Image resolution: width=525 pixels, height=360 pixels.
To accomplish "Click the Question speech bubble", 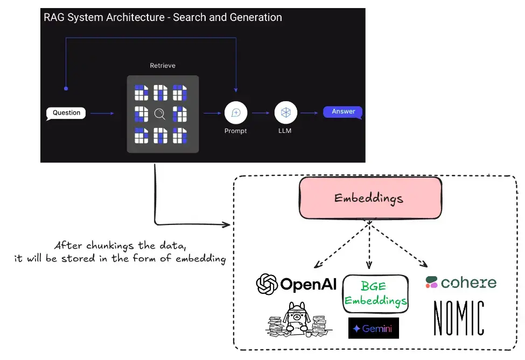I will click(x=66, y=113).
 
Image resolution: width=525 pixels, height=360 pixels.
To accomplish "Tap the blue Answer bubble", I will click(x=343, y=112).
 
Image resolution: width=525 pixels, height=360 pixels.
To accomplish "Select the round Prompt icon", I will click(x=235, y=112).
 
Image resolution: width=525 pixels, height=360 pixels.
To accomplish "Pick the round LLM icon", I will click(x=285, y=112).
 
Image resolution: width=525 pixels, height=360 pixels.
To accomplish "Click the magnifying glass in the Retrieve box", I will click(x=159, y=114).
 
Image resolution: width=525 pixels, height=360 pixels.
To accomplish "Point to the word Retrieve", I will click(x=163, y=66).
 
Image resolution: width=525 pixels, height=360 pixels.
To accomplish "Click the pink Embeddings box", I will click(x=370, y=197).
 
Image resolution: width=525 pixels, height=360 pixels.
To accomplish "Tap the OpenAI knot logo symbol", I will click(x=267, y=284).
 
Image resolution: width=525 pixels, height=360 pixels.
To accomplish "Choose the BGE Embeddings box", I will click(x=375, y=293).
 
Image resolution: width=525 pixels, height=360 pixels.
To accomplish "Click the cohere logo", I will click(x=461, y=282).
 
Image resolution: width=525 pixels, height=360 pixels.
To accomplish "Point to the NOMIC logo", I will click(x=459, y=318).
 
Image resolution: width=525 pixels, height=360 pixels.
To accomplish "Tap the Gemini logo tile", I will click(x=374, y=328).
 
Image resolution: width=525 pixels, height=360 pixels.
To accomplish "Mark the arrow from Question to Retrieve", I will click(x=102, y=113).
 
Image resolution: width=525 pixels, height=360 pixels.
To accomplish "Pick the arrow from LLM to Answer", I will click(x=309, y=112).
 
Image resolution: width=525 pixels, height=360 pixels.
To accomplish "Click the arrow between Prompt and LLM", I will click(x=261, y=112).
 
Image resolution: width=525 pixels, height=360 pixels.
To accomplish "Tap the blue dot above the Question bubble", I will click(x=66, y=88).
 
